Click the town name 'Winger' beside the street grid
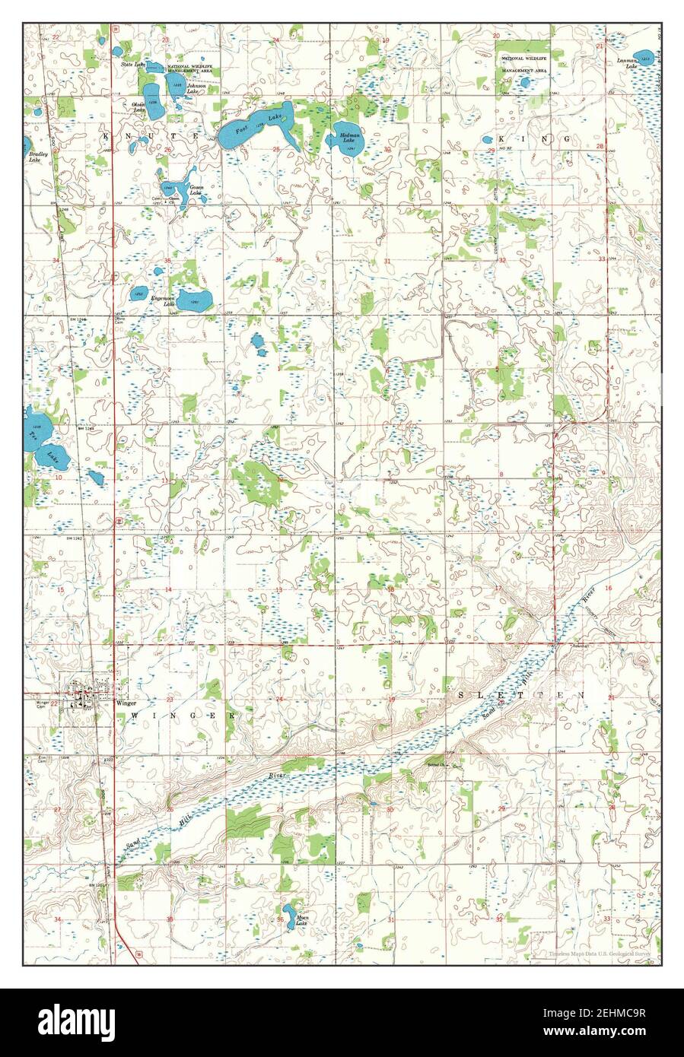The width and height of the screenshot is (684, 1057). (x=126, y=703)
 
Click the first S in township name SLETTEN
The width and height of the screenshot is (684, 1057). (x=460, y=695)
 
